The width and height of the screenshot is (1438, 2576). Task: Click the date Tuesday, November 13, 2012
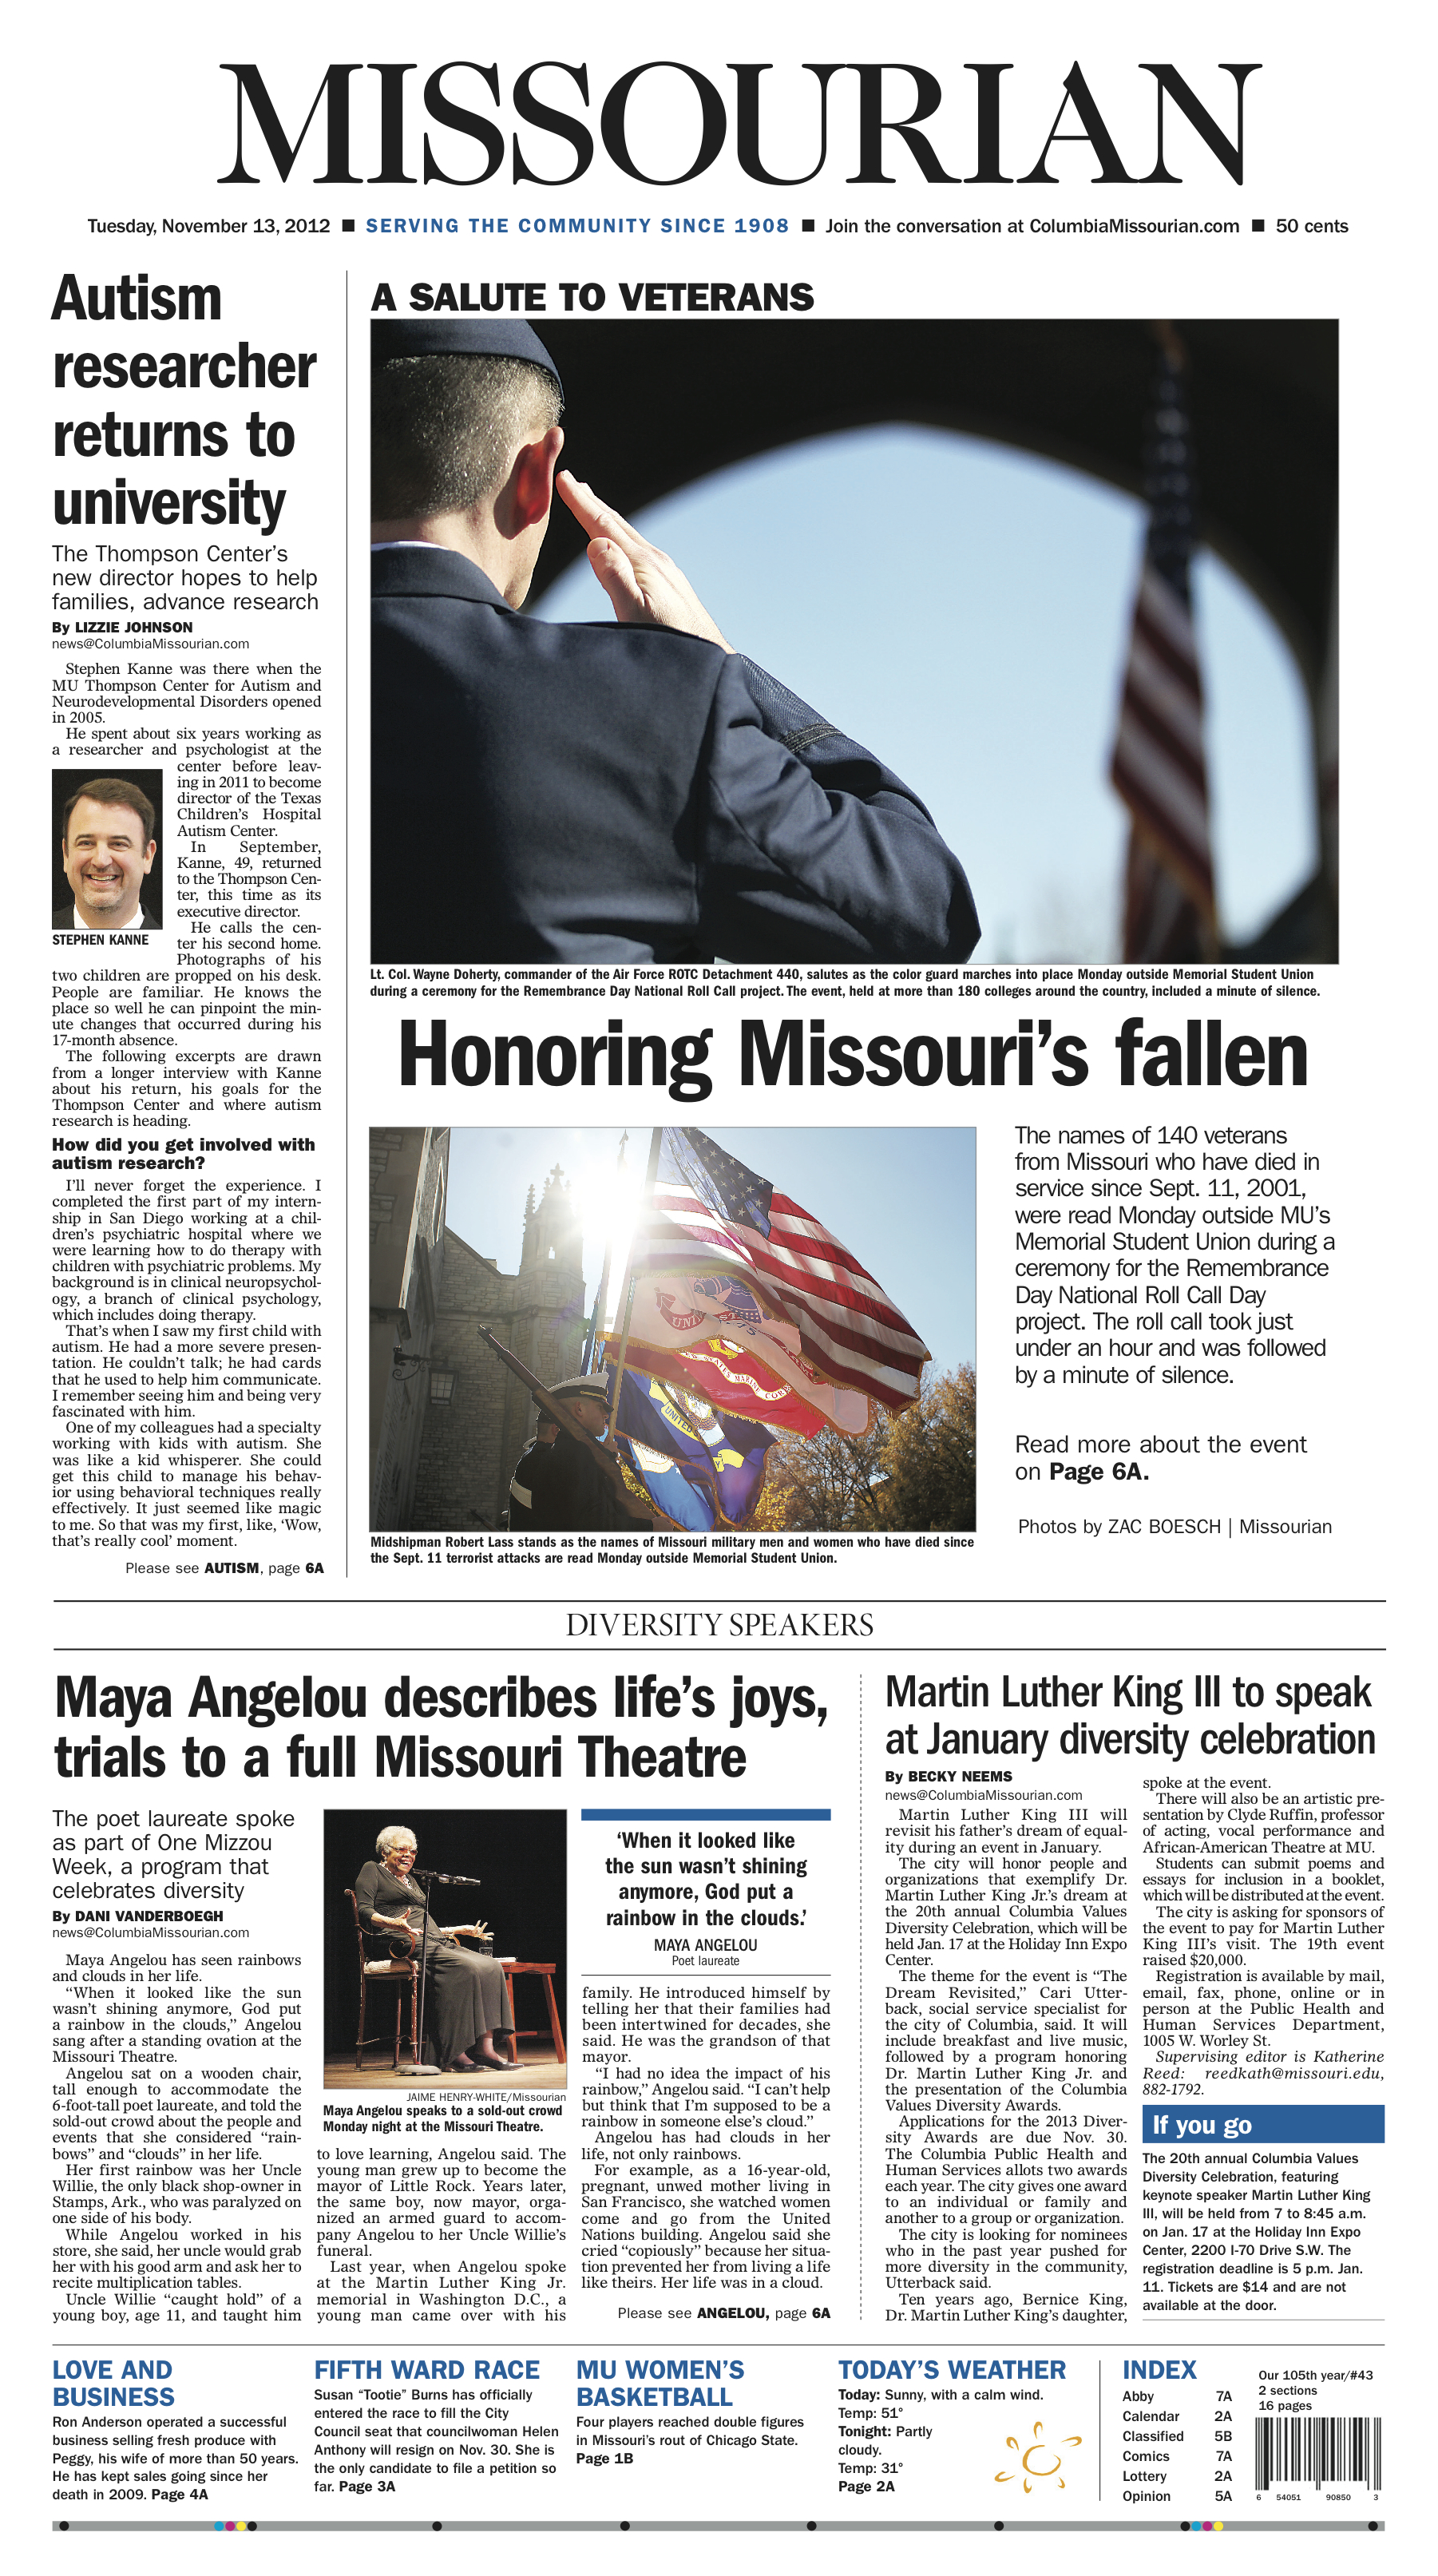click(x=208, y=226)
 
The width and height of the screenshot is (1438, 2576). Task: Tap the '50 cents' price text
click(x=1311, y=226)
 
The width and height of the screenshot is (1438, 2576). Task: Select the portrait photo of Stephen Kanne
click(x=107, y=848)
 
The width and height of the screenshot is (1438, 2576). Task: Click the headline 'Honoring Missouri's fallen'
click(x=853, y=1054)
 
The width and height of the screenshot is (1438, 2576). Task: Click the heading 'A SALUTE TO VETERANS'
click(x=592, y=297)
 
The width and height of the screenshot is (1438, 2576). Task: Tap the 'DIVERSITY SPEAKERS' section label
click(x=719, y=1625)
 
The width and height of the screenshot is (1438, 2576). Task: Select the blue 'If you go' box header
click(x=1262, y=2124)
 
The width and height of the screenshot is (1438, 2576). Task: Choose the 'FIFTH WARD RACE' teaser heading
click(x=426, y=2369)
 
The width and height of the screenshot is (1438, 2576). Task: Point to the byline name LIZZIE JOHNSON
click(x=133, y=627)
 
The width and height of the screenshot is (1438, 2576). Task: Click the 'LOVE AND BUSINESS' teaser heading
click(x=113, y=2382)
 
